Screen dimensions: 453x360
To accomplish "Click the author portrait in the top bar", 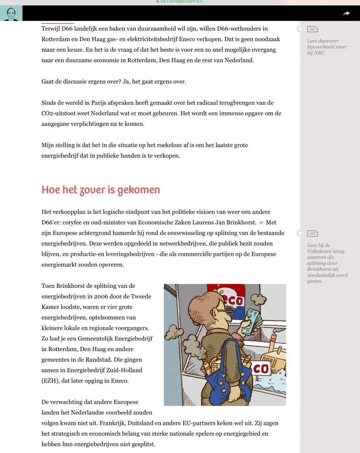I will [x=11, y=13].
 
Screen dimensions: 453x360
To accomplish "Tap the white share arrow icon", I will [x=346, y=13].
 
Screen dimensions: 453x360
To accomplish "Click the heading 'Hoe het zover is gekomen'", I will [x=101, y=190].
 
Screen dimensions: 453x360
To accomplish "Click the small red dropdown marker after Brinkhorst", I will [x=261, y=223].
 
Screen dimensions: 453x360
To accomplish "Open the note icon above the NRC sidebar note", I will [x=312, y=29].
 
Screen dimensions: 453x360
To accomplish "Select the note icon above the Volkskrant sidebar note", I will [x=312, y=234].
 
